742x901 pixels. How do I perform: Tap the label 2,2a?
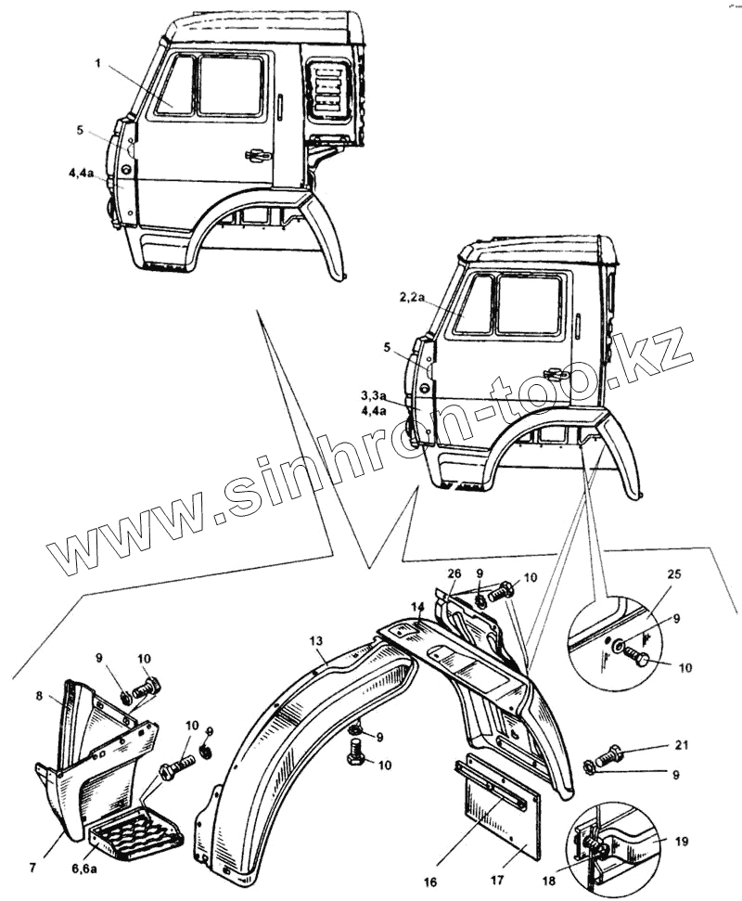coord(412,297)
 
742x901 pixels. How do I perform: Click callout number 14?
coord(417,607)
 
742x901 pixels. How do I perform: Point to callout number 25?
coord(672,575)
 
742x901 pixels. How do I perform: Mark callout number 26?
coord(454,573)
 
